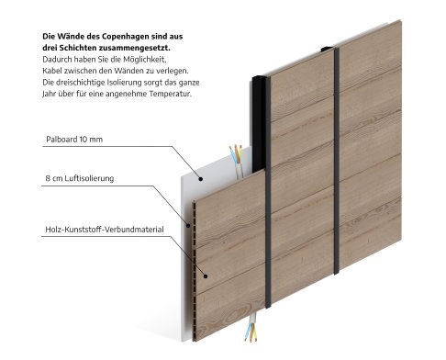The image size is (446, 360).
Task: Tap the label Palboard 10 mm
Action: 74,140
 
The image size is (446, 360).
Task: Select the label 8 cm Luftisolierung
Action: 80,178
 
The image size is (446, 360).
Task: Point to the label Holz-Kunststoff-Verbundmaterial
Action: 105,230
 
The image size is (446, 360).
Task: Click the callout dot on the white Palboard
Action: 201,179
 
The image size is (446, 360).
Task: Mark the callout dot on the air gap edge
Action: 188,226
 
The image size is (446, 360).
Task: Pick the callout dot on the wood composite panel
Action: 206,276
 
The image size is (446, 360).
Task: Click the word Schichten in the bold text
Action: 78,48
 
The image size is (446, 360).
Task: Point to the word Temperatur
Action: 171,94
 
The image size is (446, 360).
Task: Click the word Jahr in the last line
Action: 49,94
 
